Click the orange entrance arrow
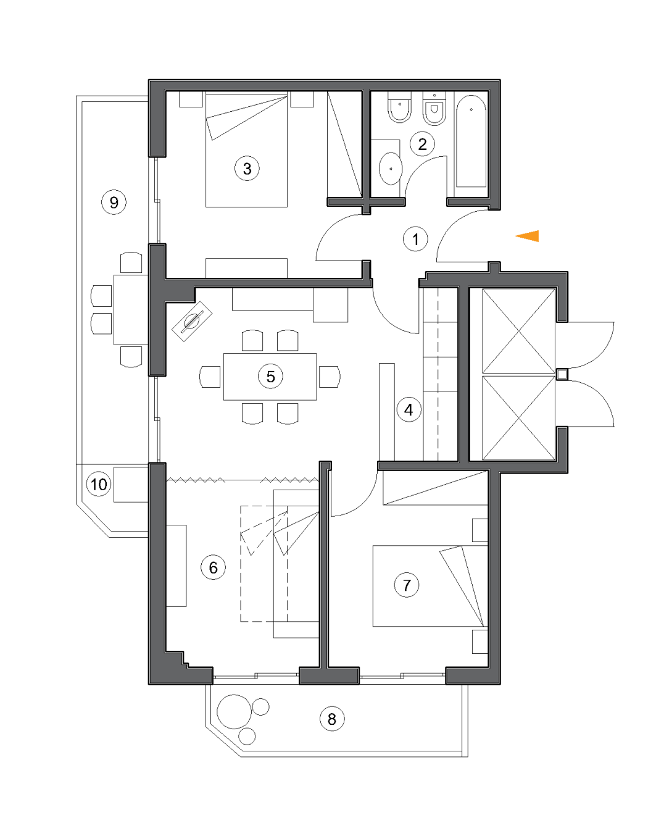coord(528,236)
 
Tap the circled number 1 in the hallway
coord(415,239)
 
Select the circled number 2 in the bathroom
coord(422,144)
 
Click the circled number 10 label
coord(99,484)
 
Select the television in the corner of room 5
coord(192,321)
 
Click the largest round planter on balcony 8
coord(234,711)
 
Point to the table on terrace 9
coord(130,309)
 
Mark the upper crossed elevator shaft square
coord(518,331)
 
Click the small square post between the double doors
coord(562,374)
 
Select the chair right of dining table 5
coord(330,377)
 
